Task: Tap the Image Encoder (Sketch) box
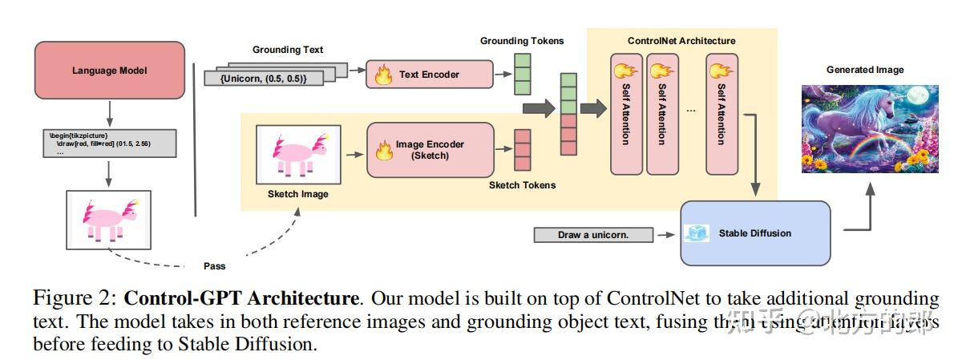[430, 150]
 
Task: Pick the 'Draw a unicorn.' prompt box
[592, 235]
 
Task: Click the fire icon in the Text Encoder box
[384, 75]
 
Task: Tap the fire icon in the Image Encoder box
[383, 150]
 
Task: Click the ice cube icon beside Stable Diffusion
[695, 233]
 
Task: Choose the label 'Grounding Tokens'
[521, 40]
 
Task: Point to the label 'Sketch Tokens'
[522, 185]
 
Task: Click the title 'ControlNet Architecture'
[681, 40]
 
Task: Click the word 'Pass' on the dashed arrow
[214, 266]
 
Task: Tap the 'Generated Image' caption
[865, 70]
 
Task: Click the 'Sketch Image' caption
[297, 194]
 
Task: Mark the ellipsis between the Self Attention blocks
[691, 108]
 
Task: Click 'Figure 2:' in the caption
[75, 299]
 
